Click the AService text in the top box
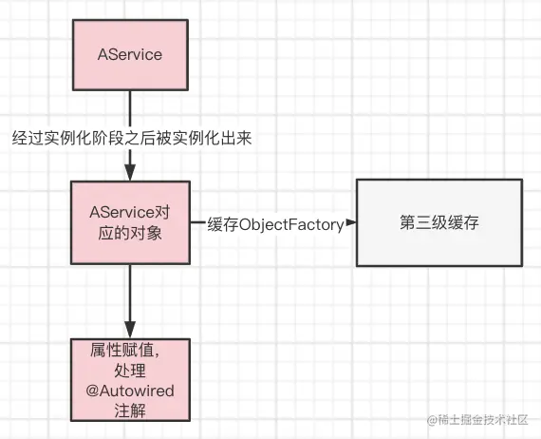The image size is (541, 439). [x=130, y=54]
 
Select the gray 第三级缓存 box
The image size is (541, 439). [x=439, y=222]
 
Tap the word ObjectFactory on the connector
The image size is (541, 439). [x=291, y=225]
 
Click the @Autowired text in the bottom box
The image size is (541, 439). [x=130, y=391]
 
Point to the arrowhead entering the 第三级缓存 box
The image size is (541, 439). [x=351, y=222]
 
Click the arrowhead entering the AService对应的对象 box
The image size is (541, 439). [x=130, y=172]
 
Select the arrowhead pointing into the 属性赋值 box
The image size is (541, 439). [x=130, y=330]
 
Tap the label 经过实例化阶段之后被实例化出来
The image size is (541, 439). [x=132, y=139]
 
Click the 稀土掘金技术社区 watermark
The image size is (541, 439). [x=477, y=420]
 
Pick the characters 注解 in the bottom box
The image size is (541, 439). [x=130, y=410]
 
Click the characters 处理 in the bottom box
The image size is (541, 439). [x=130, y=371]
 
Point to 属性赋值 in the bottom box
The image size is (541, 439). [x=121, y=351]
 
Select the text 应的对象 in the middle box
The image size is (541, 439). [x=130, y=233]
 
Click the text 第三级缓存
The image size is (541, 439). [x=439, y=222]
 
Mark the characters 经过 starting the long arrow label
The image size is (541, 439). [x=28, y=139]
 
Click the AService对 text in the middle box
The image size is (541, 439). [x=130, y=213]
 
